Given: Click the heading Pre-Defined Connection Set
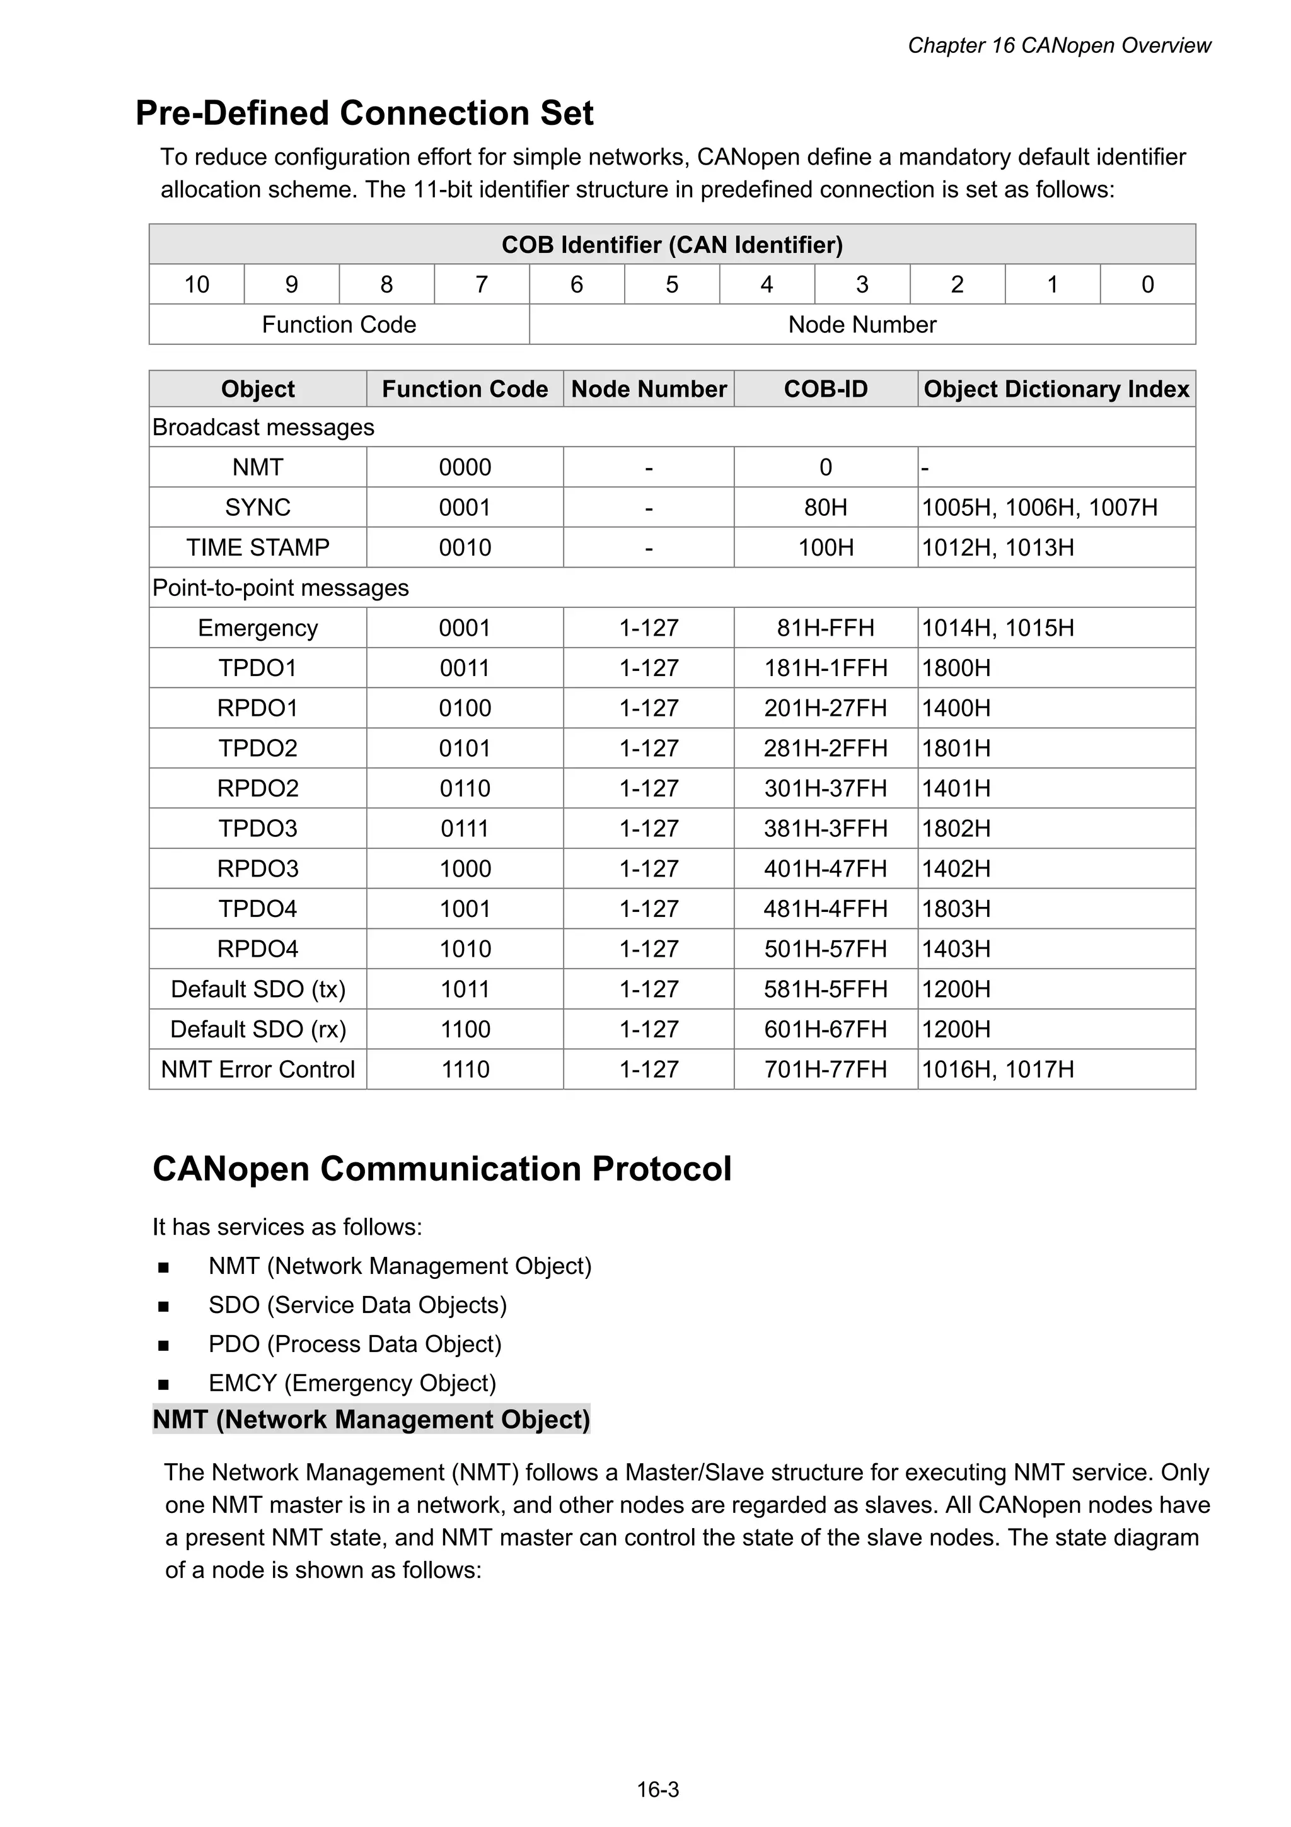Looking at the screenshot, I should coord(364,113).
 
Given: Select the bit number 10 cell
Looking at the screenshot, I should coord(197,284).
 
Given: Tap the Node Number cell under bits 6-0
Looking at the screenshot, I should coord(862,325).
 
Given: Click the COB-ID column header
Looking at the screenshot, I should coord(825,389).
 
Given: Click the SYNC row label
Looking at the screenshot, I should coord(258,507).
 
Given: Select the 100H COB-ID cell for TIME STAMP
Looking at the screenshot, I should coord(825,547).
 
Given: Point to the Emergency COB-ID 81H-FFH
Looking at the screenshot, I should coord(825,628).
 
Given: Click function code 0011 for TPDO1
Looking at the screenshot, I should coord(465,668).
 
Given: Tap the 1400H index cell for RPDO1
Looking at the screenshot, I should coord(956,708).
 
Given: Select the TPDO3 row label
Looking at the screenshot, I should coord(258,828).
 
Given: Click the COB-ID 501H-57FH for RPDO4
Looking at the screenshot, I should coord(825,949).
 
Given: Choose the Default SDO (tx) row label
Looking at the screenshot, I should coord(258,989).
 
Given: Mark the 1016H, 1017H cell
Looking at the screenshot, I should coord(997,1070).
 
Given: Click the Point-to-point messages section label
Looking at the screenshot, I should coord(280,588).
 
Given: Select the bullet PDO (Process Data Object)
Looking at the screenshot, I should coord(355,1344).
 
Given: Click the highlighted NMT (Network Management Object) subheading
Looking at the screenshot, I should coord(371,1420).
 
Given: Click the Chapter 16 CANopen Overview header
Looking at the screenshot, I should coord(1059,45).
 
